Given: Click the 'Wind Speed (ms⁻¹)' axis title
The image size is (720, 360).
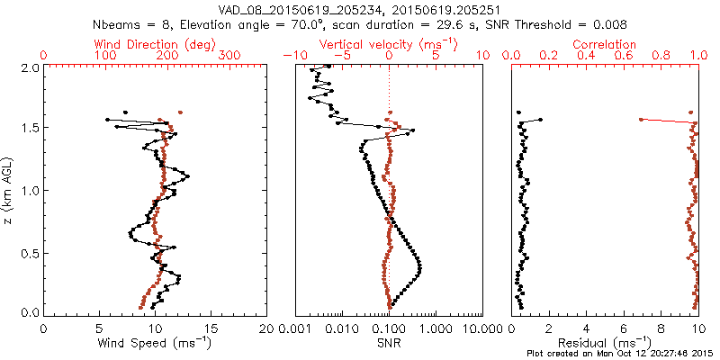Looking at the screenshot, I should [x=155, y=342].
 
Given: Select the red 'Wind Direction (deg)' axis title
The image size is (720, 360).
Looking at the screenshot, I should [x=155, y=44].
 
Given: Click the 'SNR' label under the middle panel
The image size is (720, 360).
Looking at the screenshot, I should [x=388, y=342].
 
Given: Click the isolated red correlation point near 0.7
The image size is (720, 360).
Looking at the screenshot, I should [x=641, y=119].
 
